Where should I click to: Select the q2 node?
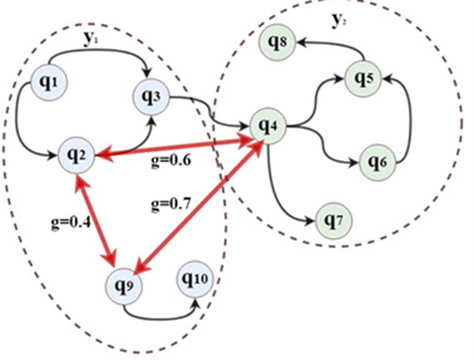(79, 156)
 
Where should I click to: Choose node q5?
(363, 79)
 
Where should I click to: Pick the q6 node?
(377, 162)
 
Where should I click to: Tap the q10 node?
(195, 278)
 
